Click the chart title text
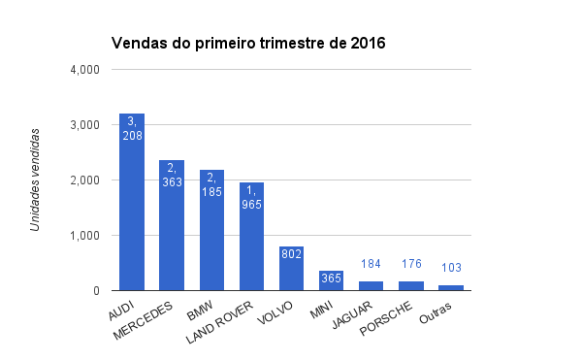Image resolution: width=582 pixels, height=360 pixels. (x=248, y=43)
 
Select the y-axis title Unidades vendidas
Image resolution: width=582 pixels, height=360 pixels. (x=36, y=180)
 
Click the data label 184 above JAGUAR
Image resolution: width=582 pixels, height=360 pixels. (x=371, y=264)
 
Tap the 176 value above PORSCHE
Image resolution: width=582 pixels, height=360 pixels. (x=410, y=264)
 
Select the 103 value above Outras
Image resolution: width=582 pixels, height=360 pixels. (x=450, y=268)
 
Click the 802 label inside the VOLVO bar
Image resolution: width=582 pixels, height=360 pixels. (x=291, y=255)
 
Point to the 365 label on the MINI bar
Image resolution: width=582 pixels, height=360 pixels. (x=331, y=278)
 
